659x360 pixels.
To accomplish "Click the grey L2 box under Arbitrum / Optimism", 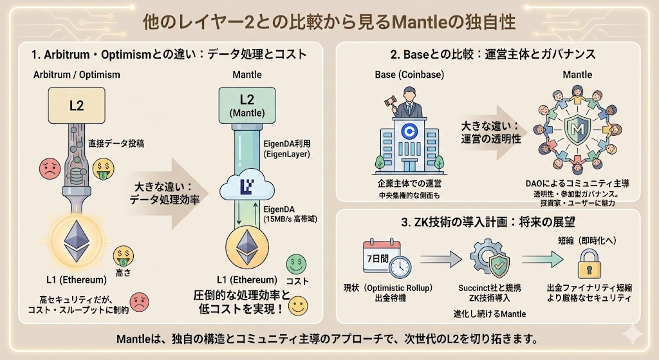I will click(x=77, y=106).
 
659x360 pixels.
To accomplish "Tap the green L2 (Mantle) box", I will click(x=247, y=106).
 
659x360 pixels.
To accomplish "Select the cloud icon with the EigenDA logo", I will click(x=247, y=187).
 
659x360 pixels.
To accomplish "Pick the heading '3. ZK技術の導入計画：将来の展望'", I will click(x=488, y=223).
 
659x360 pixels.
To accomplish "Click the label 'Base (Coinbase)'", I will click(x=409, y=75).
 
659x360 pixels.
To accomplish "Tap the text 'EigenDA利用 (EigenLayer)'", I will click(x=287, y=149).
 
